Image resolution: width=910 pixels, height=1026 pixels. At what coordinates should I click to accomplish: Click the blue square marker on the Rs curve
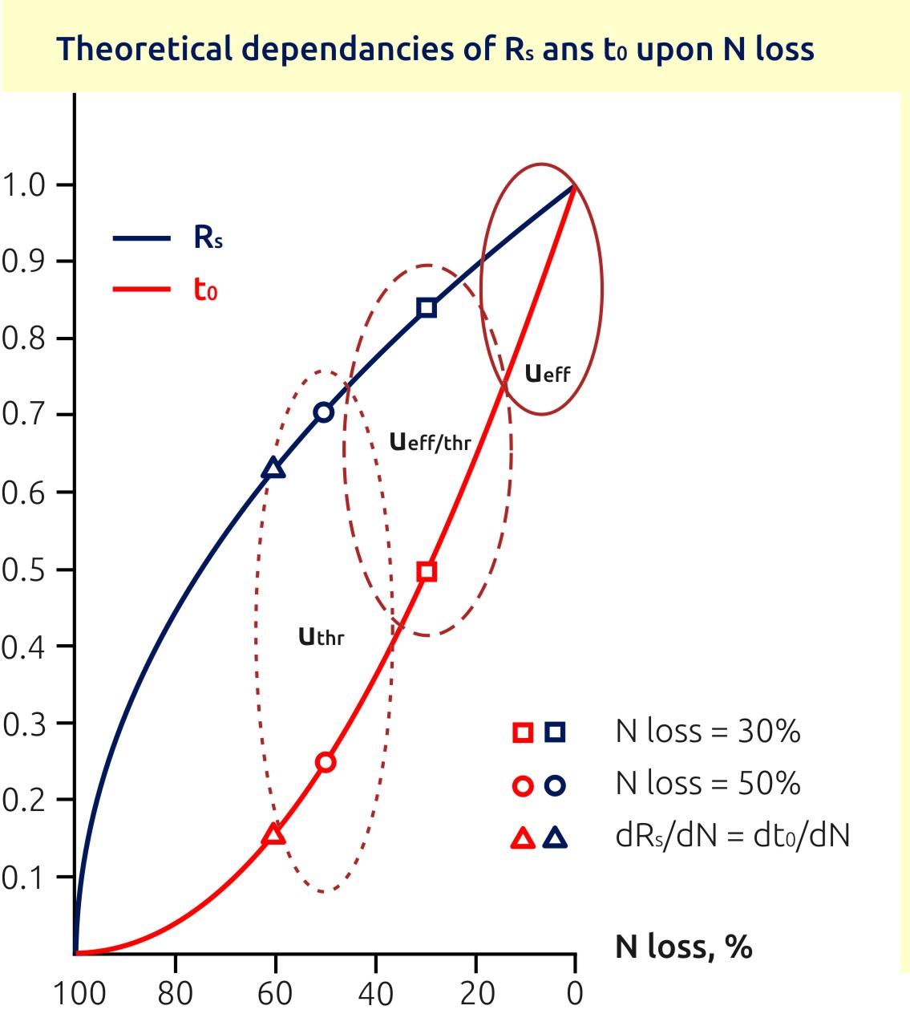tap(427, 307)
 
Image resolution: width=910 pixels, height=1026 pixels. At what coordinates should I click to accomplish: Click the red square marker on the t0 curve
tap(427, 571)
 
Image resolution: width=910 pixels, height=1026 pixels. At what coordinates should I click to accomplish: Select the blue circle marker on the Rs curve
tap(324, 412)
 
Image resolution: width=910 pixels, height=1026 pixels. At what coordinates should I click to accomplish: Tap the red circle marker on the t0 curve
tap(326, 762)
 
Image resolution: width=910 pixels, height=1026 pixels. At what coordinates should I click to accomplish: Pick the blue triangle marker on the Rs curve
tap(273, 468)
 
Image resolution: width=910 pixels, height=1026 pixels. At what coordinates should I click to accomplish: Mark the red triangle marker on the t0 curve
tap(273, 835)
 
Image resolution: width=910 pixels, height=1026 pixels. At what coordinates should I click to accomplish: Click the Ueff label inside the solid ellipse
tap(548, 373)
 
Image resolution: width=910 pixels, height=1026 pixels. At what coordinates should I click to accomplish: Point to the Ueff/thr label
tap(430, 442)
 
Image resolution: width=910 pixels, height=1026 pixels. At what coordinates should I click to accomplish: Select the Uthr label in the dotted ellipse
tap(321, 637)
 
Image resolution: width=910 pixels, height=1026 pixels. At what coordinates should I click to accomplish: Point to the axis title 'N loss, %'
tap(684, 947)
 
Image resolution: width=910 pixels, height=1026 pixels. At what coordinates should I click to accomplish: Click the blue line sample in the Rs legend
tap(142, 238)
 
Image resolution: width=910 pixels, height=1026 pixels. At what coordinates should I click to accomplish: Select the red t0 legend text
tap(205, 290)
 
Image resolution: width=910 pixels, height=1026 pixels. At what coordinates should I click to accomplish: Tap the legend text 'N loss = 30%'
tap(708, 732)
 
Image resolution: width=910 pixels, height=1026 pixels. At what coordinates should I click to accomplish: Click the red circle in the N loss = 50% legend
tap(523, 785)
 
